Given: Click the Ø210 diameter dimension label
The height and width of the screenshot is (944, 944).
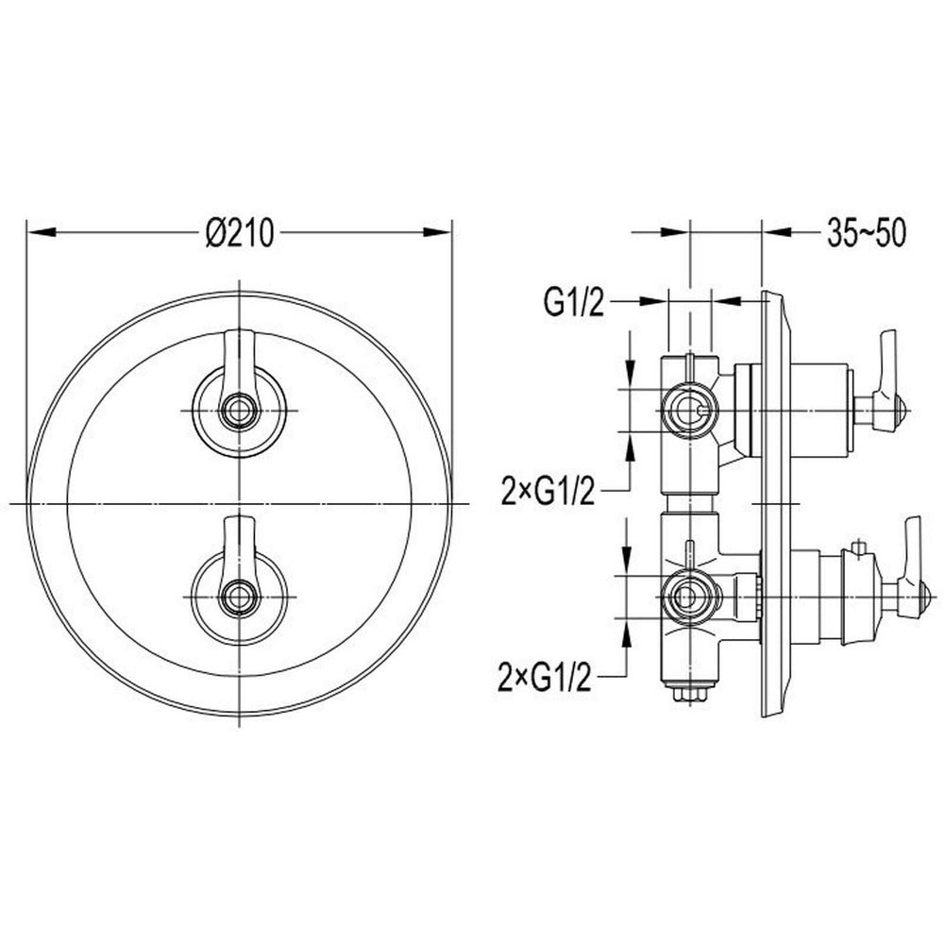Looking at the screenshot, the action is click(x=239, y=232).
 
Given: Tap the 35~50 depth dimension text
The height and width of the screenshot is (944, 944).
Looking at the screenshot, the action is click(x=866, y=232).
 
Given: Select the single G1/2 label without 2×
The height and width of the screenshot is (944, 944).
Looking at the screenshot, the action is click(x=573, y=302).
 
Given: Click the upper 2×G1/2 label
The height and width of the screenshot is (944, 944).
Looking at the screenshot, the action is click(x=548, y=491).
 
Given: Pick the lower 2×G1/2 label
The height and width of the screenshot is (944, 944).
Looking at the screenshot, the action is click(x=545, y=677).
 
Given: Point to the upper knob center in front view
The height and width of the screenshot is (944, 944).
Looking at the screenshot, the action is click(x=240, y=411).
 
